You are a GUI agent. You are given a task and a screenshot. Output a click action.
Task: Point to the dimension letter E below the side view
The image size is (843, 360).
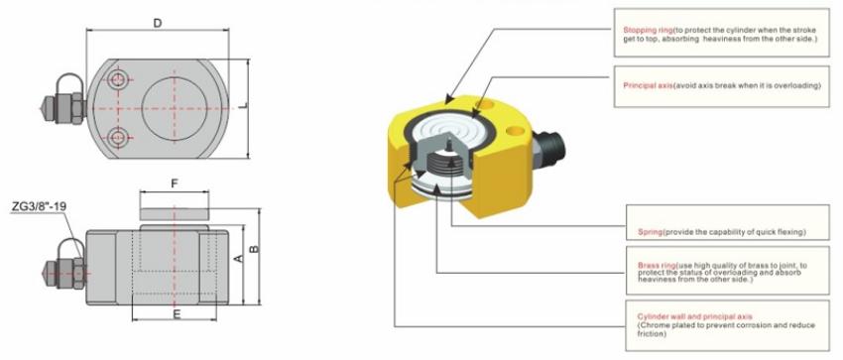tap(176, 313)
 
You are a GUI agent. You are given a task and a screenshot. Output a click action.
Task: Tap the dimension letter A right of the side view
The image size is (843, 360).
tap(238, 257)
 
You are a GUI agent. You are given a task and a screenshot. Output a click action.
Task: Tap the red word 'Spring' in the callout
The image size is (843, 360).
tap(650, 232)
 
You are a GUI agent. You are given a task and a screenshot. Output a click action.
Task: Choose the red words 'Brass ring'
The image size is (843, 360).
tap(657, 266)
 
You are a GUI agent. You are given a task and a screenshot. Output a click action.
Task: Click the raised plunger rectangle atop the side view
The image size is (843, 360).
tap(175, 211)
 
